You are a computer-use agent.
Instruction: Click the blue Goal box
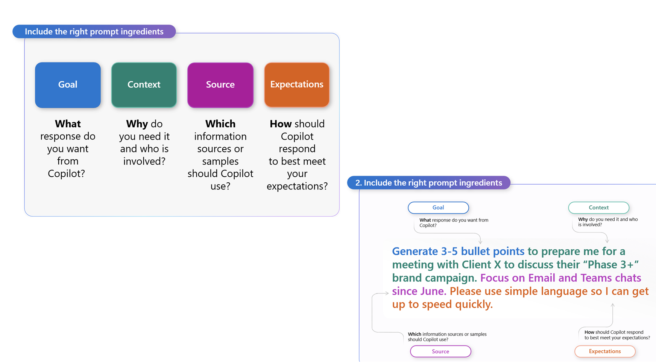[68, 85]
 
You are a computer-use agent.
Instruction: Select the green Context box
[144, 85]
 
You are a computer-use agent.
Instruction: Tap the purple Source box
[220, 85]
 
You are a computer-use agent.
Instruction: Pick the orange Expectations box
[297, 85]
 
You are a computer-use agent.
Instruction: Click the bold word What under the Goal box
[68, 124]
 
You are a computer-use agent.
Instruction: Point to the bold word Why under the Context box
[137, 124]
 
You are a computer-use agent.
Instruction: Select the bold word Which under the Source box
[220, 124]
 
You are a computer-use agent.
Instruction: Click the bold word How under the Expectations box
[281, 124]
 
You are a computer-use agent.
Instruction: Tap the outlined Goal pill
[438, 208]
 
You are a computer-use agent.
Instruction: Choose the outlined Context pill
[598, 208]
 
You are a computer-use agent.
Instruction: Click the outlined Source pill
[440, 351]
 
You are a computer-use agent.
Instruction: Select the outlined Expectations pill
[605, 351]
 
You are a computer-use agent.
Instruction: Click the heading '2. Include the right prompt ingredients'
[429, 183]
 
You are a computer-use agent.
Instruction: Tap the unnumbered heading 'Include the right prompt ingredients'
[94, 32]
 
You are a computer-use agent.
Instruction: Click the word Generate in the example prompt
[415, 251]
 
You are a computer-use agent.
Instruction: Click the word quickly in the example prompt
[474, 304]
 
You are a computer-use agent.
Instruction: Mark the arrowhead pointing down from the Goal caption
[480, 241]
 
